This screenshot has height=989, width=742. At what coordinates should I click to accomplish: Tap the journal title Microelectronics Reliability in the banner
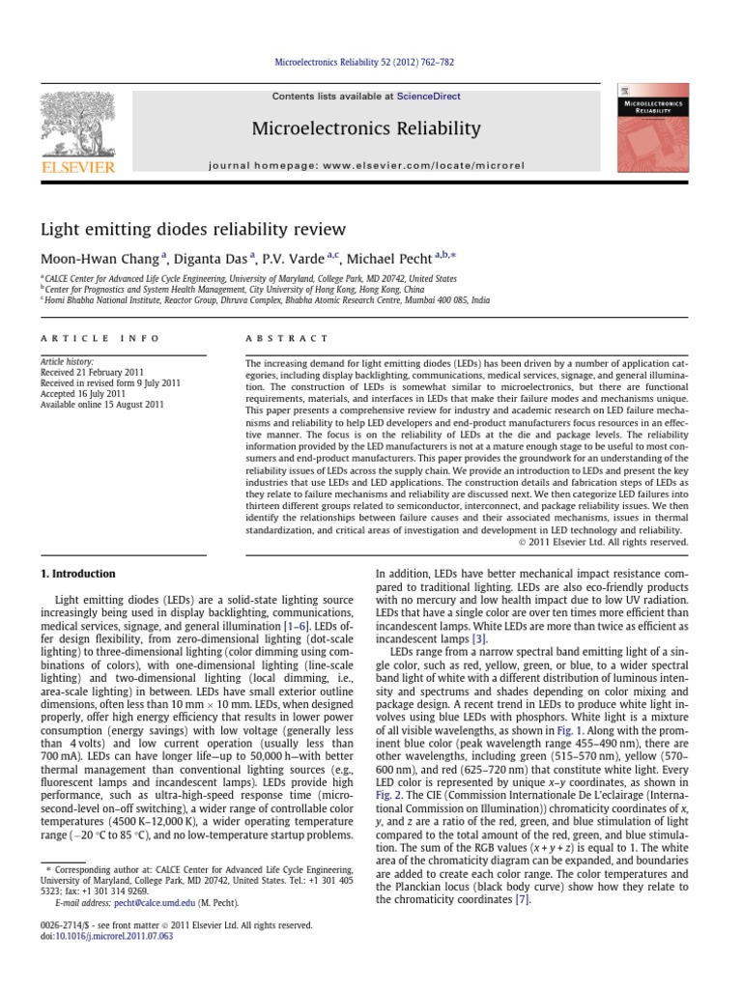365,128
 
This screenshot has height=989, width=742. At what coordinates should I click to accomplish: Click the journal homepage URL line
366,165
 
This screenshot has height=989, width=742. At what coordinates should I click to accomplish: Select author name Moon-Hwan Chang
100,258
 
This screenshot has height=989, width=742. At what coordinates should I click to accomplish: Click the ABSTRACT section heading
288,339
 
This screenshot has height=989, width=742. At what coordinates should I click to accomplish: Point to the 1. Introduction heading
78,574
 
